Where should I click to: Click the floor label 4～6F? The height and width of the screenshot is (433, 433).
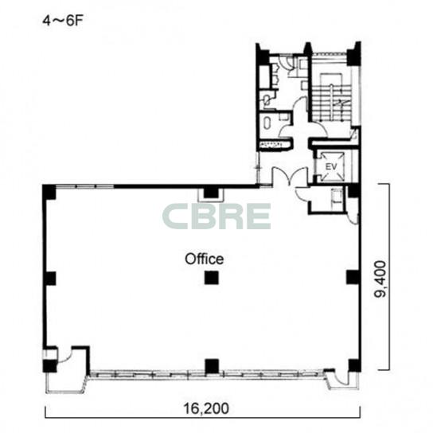(63, 21)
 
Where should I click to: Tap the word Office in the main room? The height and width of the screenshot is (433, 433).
(205, 259)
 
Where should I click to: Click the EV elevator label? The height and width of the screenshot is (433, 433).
(331, 167)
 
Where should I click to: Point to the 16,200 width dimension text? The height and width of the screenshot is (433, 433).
(206, 408)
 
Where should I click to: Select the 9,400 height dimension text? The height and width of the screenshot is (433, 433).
(380, 279)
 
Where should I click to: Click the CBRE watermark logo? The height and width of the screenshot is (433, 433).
(216, 216)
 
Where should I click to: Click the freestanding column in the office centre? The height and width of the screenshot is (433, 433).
(212, 278)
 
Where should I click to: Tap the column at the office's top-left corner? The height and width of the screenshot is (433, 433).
(49, 192)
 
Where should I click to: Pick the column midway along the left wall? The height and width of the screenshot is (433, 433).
(50, 279)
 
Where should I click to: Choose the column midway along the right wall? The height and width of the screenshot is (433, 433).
(353, 277)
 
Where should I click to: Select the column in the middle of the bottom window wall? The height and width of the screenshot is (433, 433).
(212, 365)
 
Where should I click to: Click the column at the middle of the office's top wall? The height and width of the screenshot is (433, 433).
(211, 192)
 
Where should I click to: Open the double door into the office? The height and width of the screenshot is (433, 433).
(290, 176)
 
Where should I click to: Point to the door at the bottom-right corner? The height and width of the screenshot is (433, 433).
(339, 378)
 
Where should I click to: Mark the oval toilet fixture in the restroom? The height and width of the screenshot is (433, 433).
(267, 123)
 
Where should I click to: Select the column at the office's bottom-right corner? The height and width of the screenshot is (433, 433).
(354, 365)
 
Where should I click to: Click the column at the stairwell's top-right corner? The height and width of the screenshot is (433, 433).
(353, 54)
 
